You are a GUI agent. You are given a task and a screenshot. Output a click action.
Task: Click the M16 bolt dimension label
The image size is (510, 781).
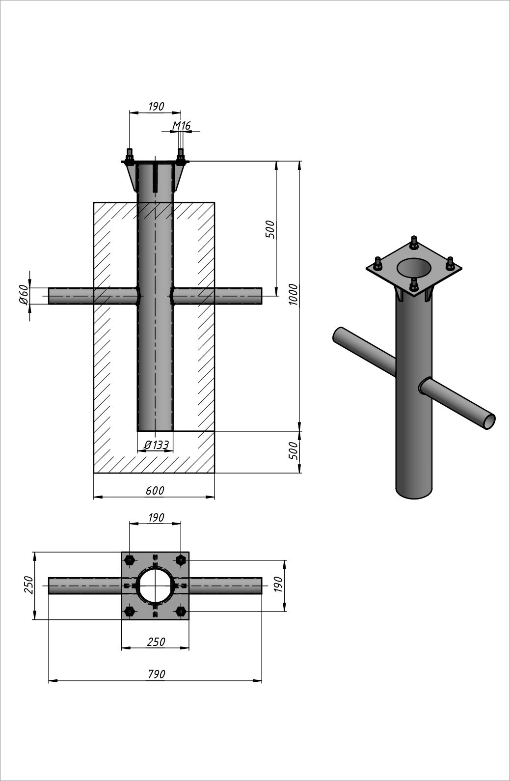click(x=181, y=126)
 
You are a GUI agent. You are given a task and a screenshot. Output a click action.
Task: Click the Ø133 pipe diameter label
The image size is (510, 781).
click(x=157, y=445)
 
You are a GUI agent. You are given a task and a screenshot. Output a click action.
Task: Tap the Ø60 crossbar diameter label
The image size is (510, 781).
click(x=23, y=294)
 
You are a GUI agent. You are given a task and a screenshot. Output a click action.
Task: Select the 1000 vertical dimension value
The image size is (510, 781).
click(x=294, y=294)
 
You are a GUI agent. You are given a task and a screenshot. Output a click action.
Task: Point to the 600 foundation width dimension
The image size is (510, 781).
click(x=155, y=490)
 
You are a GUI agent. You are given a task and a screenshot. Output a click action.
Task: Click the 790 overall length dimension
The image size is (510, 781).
click(x=156, y=674)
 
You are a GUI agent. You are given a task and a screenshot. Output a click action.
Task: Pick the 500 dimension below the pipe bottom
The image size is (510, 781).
click(x=293, y=451)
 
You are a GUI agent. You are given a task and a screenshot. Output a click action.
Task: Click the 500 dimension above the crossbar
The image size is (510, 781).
click(x=270, y=229)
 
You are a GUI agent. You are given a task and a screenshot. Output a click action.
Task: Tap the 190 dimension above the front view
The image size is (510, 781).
click(x=156, y=107)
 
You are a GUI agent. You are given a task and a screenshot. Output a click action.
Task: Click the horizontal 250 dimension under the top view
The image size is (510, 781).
click(x=156, y=642)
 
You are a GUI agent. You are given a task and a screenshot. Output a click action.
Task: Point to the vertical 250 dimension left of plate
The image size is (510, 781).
click(x=28, y=585)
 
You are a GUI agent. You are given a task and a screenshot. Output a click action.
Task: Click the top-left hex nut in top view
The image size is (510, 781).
click(x=130, y=559)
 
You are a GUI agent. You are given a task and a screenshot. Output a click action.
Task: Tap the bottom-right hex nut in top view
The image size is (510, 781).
click(x=181, y=611)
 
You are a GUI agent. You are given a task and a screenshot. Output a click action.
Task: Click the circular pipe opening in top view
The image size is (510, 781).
click(x=155, y=585)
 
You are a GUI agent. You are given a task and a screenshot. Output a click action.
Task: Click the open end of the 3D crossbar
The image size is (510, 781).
click(x=489, y=421)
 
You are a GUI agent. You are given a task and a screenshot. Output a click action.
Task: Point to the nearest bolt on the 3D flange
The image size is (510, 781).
click(x=414, y=285)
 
